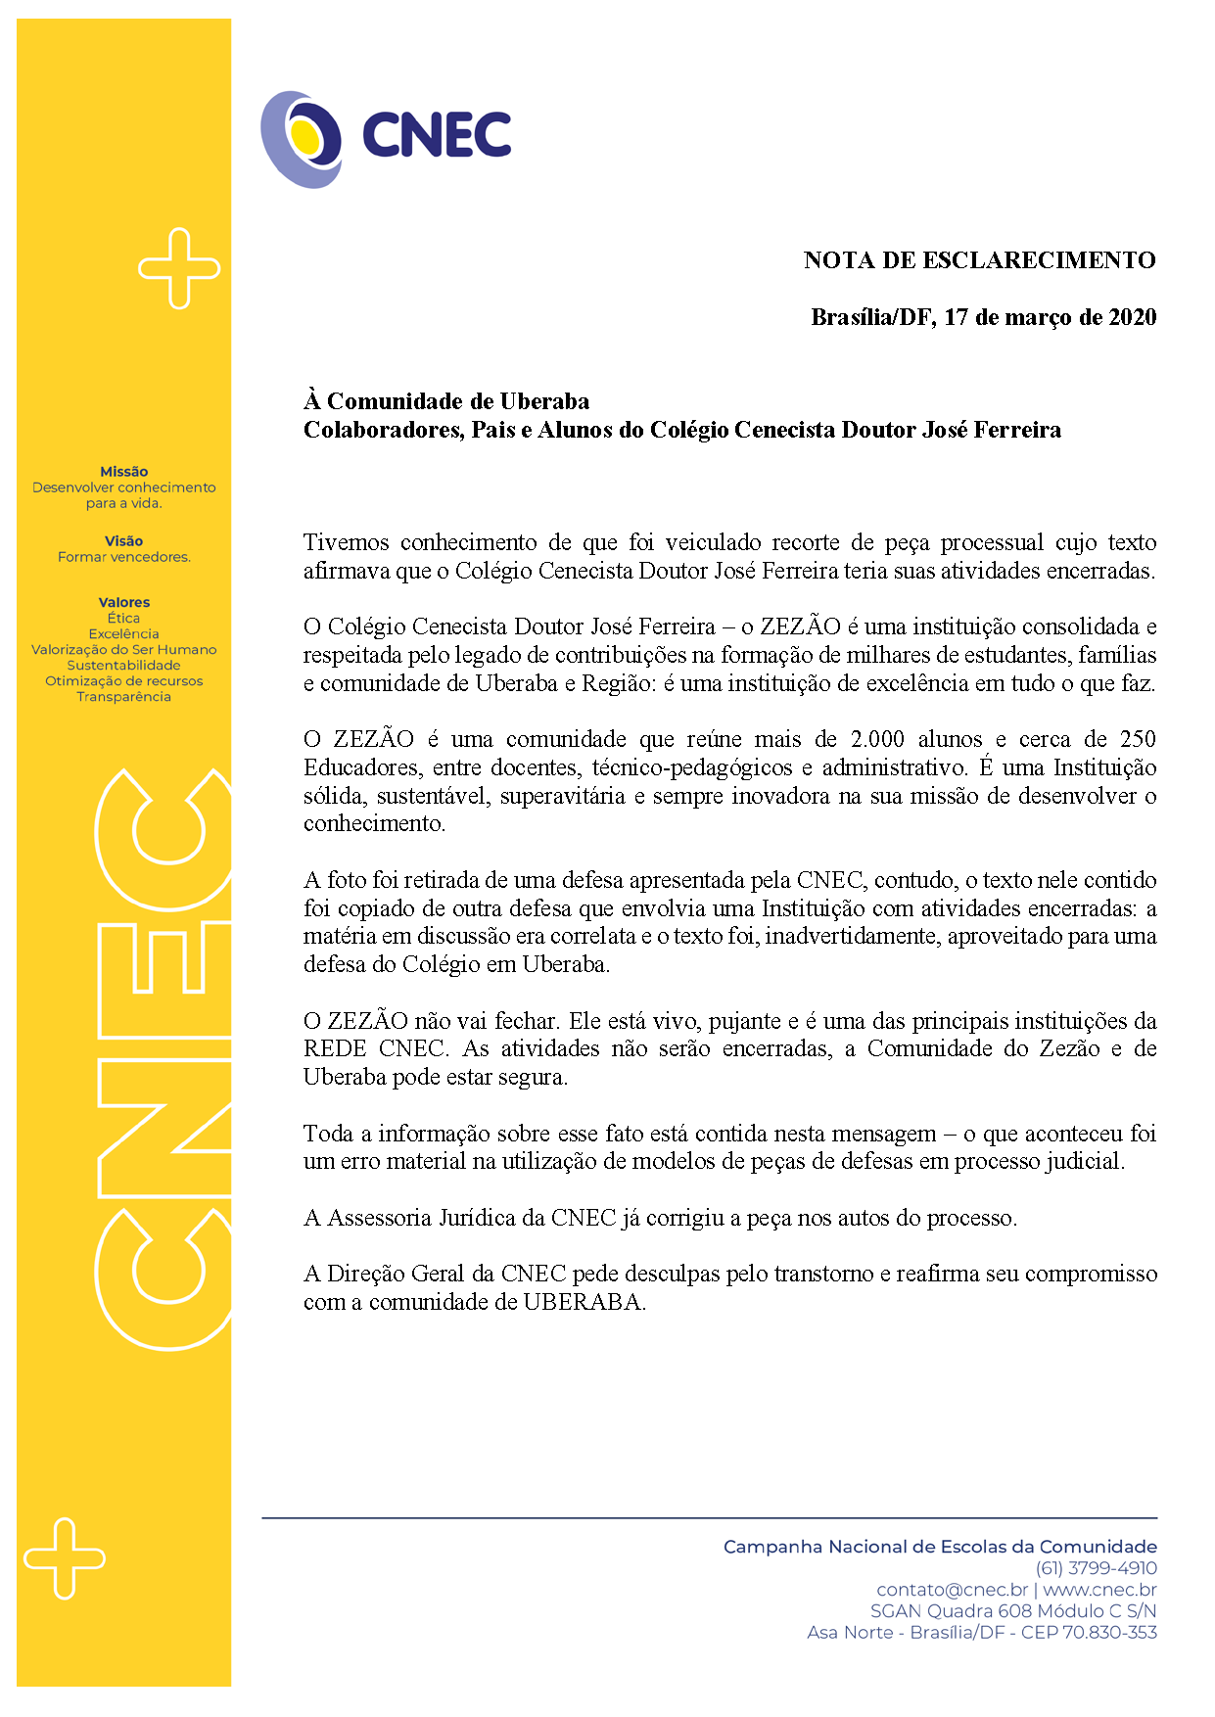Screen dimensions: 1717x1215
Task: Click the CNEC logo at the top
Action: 386,138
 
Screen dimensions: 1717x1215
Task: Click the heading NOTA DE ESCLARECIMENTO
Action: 979,260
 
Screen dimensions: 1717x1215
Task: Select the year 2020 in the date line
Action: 1132,317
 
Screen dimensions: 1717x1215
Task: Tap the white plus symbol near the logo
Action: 179,268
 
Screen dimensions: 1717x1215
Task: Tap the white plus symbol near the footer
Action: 65,1558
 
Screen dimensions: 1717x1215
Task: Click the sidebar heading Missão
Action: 123,472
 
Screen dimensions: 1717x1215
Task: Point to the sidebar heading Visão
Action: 123,541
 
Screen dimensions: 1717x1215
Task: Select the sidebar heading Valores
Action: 123,603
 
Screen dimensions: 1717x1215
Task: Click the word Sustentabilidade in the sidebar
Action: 123,666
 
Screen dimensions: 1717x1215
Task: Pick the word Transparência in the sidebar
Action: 123,697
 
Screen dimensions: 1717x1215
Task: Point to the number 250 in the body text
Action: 1138,739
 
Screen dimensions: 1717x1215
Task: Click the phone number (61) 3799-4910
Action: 1096,1568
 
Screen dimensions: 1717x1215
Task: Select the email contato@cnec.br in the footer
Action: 952,1590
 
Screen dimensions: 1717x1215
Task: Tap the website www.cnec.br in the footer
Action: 1099,1590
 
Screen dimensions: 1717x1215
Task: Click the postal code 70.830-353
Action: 1110,1633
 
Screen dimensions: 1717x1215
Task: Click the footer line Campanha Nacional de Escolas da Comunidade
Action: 940,1547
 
